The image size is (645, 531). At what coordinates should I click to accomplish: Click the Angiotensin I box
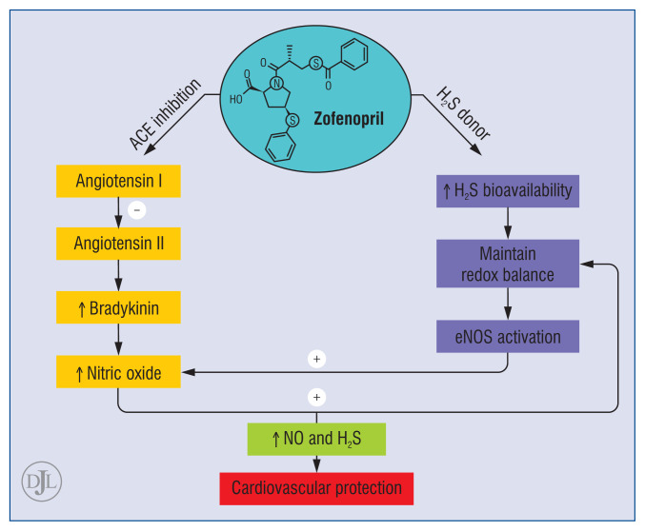(x=119, y=179)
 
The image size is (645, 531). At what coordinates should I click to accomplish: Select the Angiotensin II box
(x=119, y=244)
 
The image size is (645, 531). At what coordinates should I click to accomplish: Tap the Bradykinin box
(x=119, y=309)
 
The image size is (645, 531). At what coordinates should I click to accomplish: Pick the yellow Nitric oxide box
(x=119, y=373)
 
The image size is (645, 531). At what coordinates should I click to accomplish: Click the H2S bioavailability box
(x=507, y=190)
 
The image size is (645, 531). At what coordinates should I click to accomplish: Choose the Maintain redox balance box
(x=507, y=264)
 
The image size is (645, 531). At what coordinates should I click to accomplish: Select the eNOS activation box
(x=507, y=337)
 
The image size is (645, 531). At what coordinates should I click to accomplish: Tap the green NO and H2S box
(x=316, y=440)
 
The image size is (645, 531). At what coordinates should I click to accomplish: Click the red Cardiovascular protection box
(x=316, y=488)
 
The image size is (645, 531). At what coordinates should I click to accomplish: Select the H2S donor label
(x=464, y=113)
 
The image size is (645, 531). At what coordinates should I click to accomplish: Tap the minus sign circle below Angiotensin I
(x=136, y=211)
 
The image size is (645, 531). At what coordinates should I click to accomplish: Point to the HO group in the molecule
(x=235, y=98)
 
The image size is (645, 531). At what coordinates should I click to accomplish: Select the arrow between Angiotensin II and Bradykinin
(x=119, y=276)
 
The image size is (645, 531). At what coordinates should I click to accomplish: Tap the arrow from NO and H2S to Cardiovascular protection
(x=316, y=463)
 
